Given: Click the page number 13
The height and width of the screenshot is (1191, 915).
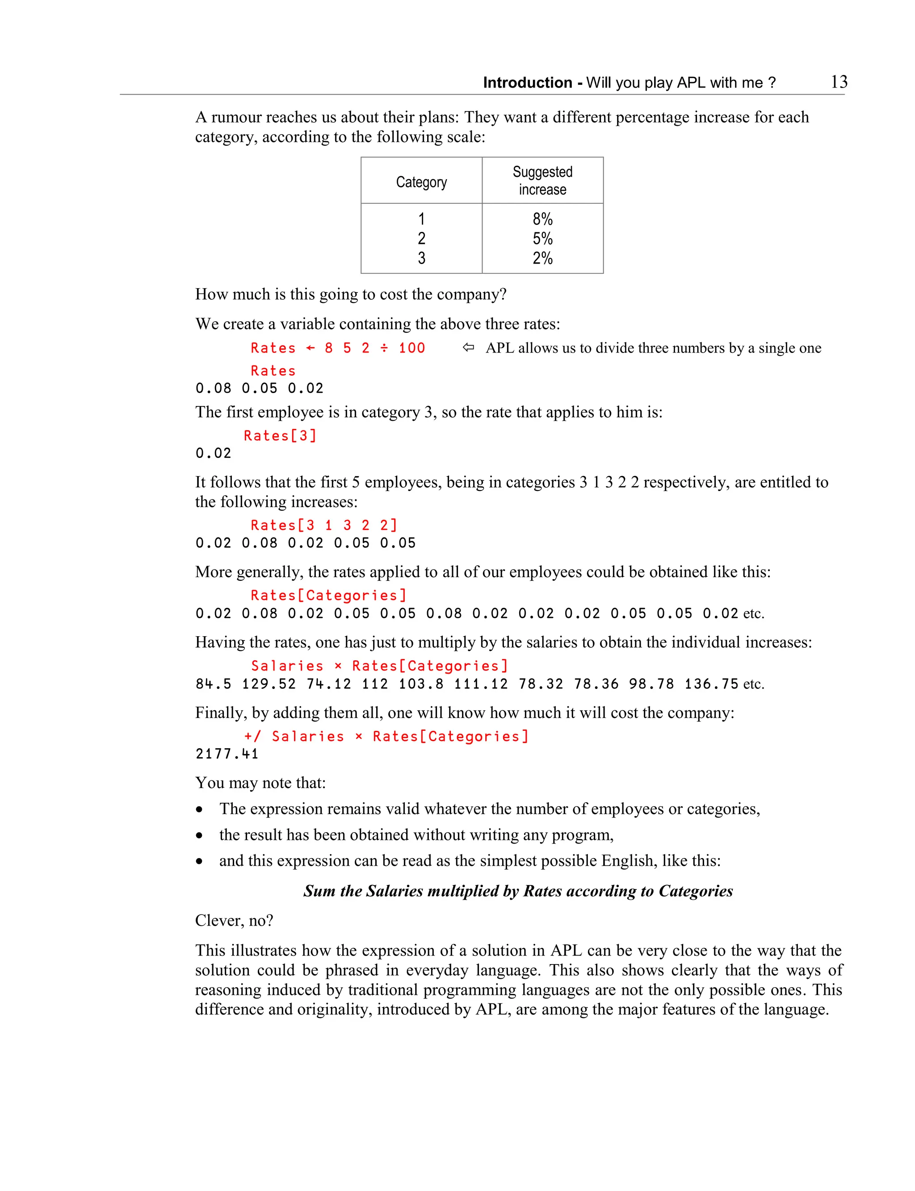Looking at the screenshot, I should [839, 82].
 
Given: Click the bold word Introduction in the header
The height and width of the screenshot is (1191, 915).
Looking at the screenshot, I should [527, 83].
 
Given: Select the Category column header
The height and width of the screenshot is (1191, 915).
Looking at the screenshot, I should [421, 182].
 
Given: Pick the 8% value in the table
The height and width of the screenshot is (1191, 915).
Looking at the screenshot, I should [542, 219].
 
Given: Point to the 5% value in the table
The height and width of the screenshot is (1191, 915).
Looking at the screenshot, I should [542, 239].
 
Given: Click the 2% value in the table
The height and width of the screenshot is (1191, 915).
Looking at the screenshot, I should [542, 258].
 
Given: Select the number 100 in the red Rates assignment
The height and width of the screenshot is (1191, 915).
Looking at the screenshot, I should [412, 348].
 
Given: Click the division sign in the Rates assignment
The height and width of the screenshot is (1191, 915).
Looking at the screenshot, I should [384, 348].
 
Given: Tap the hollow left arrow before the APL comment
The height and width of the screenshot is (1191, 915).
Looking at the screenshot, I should [468, 348].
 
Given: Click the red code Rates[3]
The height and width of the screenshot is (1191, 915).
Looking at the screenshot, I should [280, 436].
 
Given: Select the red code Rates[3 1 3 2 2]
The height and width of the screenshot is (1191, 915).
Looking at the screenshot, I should [324, 525].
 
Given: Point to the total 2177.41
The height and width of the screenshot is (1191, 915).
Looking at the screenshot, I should [227, 754].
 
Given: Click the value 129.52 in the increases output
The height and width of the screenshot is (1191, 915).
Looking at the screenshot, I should [269, 684].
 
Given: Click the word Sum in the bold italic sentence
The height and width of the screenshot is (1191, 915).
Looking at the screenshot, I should [319, 891].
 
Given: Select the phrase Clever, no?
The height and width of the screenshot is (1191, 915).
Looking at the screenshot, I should [234, 920].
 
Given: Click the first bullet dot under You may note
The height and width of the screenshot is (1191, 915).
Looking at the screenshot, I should [200, 810].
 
